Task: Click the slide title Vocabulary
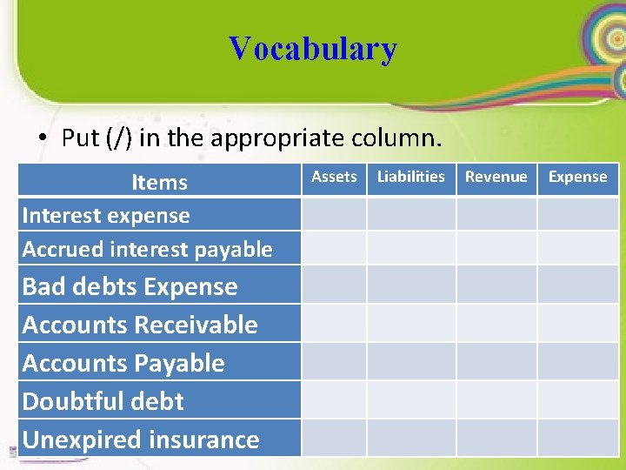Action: pos(312,49)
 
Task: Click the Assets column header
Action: pos(334,177)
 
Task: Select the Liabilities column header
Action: pos(410,177)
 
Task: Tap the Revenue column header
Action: pos(496,177)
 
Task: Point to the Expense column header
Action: pos(577,177)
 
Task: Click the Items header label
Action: pos(159,183)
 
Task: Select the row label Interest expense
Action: pos(106,216)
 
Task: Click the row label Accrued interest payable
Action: pos(147,250)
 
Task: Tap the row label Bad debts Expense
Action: pos(130,287)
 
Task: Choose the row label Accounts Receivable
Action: pos(140,326)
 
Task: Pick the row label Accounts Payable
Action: pos(123,364)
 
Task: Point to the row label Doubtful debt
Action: pos(103,402)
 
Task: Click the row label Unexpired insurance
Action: pos(141,440)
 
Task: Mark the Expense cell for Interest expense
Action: pos(577,214)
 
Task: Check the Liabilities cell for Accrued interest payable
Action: pos(410,248)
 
